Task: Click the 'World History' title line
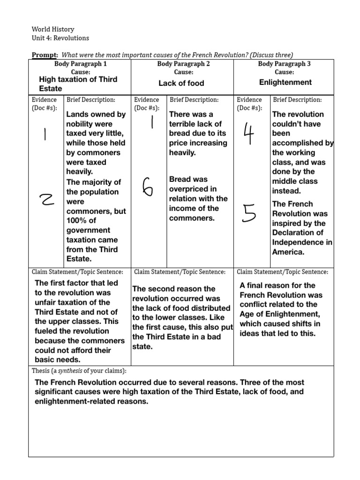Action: tap(53, 29)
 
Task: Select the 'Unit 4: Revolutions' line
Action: tap(60, 38)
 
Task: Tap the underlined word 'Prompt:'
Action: tap(45, 55)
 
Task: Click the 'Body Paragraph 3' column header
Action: tap(284, 64)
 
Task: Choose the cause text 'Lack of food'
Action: tap(181, 83)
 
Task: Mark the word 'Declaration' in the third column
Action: tap(294, 232)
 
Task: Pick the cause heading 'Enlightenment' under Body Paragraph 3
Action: tap(285, 82)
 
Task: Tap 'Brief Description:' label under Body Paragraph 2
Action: tap(194, 100)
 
